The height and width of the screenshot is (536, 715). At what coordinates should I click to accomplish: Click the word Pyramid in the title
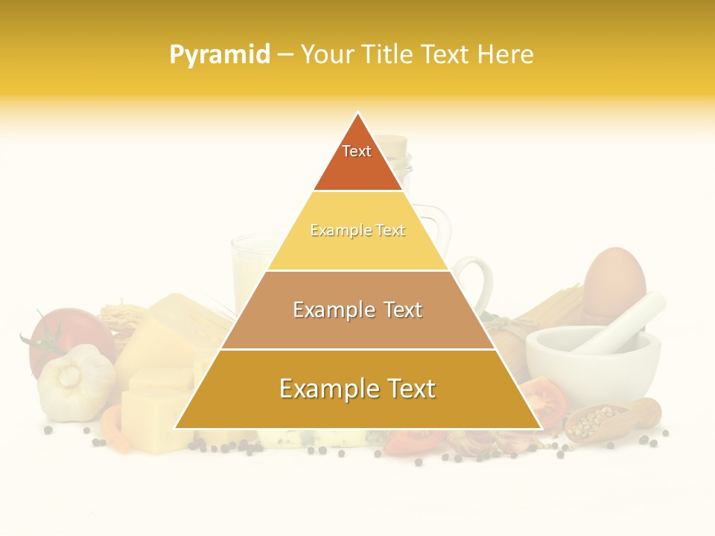219,54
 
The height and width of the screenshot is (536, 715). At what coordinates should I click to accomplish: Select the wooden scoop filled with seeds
611,420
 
